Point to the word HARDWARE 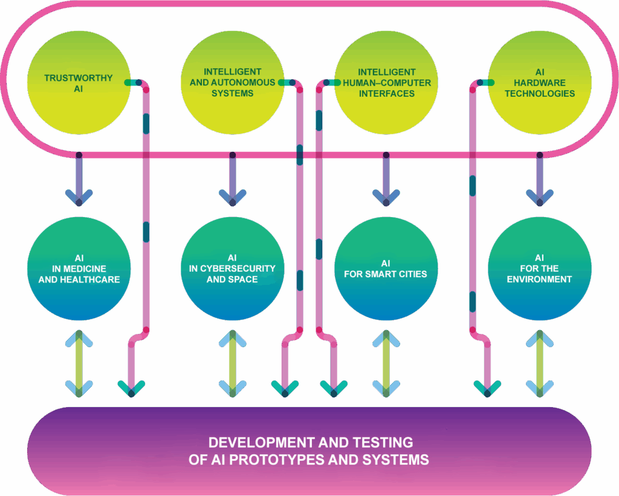pos(540,83)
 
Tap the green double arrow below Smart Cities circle pos(386,363)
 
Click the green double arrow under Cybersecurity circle pos(232,363)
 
